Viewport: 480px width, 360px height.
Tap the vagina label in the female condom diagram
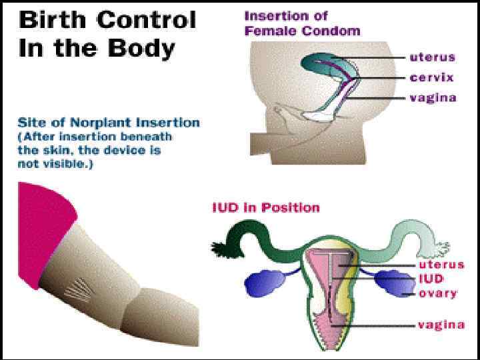click(433, 98)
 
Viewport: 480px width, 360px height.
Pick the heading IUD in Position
click(265, 207)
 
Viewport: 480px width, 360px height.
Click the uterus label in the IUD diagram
click(440, 265)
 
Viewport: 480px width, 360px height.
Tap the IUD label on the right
click(431, 279)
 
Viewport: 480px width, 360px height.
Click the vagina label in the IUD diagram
click(441, 325)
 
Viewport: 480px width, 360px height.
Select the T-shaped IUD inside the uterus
click(330, 267)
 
